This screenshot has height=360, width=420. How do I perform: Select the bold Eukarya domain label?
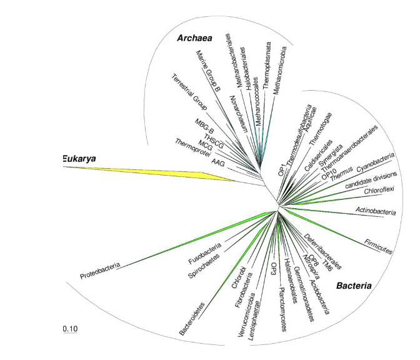pos(79,159)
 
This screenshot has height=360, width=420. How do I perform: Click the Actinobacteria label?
pos(375,211)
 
